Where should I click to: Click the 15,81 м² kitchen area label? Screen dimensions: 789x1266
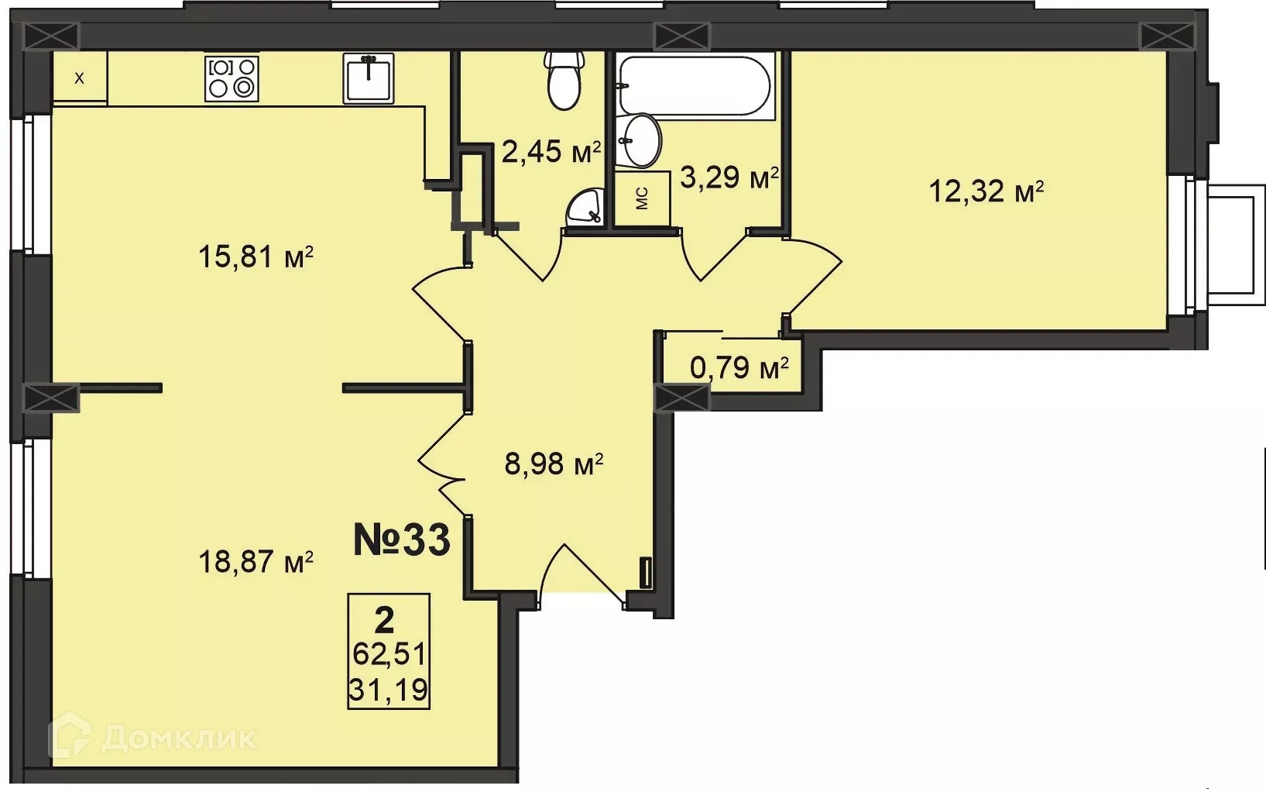pyautogui.click(x=256, y=257)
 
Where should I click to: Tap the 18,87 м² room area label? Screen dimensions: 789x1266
pyautogui.click(x=256, y=561)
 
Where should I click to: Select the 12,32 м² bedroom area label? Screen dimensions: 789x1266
pyautogui.click(x=986, y=191)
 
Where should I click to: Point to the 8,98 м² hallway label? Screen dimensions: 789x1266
pyautogui.click(x=553, y=465)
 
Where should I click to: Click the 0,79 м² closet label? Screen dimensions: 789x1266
pyautogui.click(x=739, y=367)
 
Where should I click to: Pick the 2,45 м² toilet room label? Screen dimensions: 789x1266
pyautogui.click(x=551, y=152)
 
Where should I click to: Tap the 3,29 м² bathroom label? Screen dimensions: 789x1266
pyautogui.click(x=728, y=178)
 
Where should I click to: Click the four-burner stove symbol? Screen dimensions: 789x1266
pyautogui.click(x=232, y=78)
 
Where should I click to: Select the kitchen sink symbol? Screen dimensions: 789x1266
pyautogui.click(x=369, y=78)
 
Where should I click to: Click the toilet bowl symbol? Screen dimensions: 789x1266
pyautogui.click(x=564, y=81)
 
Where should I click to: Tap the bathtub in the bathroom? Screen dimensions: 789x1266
pyautogui.click(x=695, y=86)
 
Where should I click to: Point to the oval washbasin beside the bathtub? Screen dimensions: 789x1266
pyautogui.click(x=642, y=140)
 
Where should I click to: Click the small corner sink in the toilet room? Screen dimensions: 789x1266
pyautogui.click(x=586, y=208)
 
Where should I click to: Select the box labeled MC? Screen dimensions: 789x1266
pyautogui.click(x=642, y=198)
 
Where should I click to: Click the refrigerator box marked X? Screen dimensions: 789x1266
pyautogui.click(x=79, y=78)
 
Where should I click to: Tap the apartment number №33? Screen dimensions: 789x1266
pyautogui.click(x=401, y=540)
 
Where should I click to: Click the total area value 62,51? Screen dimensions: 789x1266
pyautogui.click(x=389, y=654)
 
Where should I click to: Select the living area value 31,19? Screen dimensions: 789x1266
pyautogui.click(x=389, y=689)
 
